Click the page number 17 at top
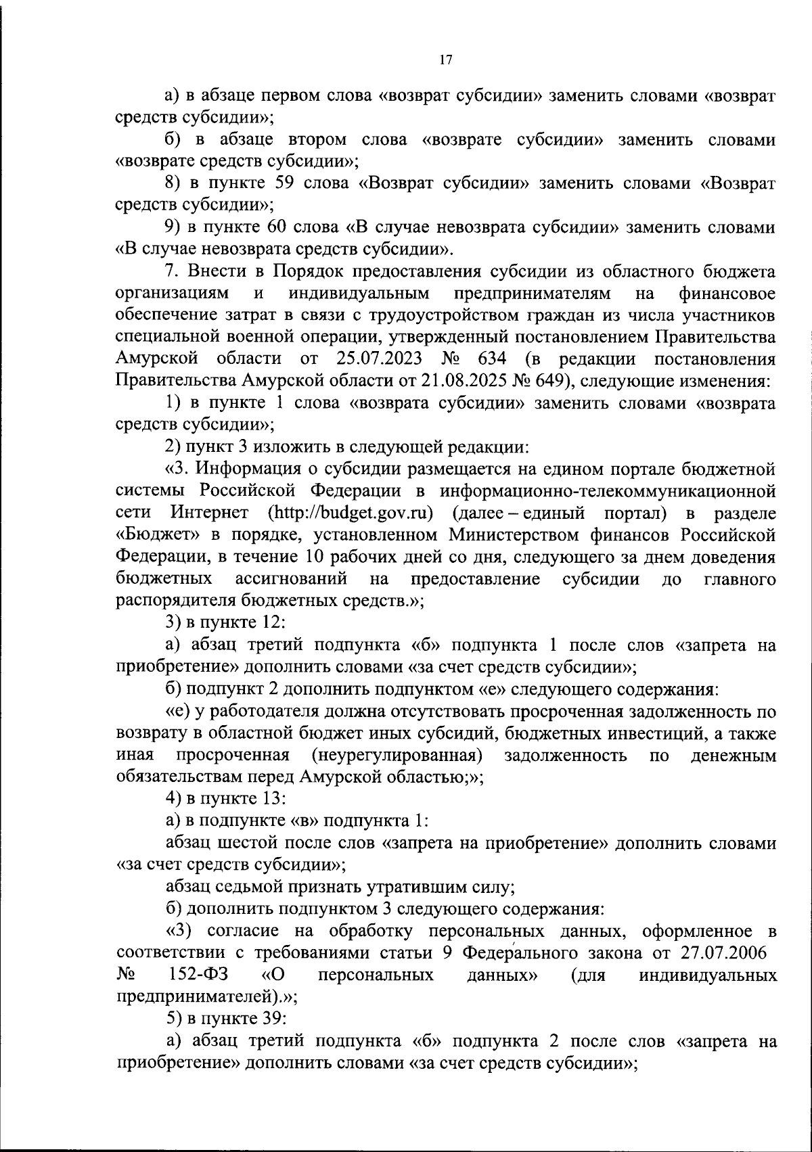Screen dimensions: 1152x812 coord(445,60)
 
